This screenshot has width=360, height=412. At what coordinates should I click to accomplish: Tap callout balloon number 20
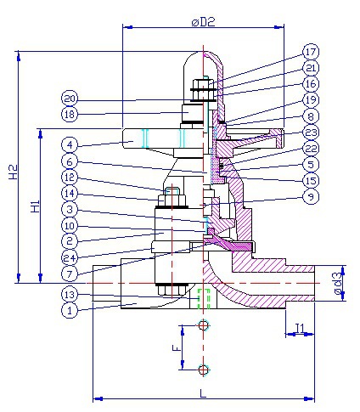(70, 96)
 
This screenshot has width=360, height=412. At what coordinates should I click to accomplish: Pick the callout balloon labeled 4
(70, 145)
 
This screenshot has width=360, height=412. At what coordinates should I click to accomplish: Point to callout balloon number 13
(70, 293)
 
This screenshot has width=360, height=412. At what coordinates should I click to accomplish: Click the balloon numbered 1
(70, 310)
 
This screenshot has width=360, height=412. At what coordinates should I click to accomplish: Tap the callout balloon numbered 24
(70, 257)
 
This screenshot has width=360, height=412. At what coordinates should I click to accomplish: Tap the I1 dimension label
(300, 328)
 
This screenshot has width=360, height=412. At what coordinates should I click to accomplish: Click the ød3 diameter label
(338, 281)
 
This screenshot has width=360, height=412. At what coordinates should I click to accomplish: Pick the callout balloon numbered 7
(70, 274)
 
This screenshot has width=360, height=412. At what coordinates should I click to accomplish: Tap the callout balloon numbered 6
(70, 161)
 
